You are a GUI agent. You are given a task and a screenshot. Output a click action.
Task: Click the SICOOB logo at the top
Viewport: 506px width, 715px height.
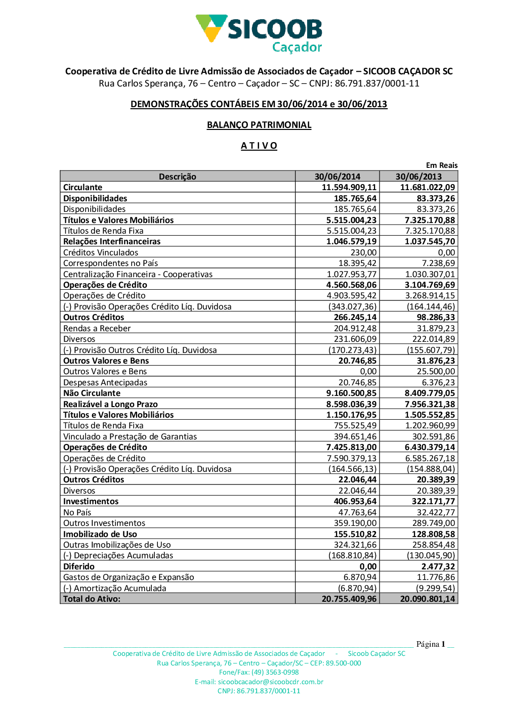pyautogui.click(x=259, y=33)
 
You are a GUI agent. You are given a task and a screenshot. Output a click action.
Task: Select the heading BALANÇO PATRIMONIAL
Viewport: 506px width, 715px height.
pyautogui.click(x=259, y=125)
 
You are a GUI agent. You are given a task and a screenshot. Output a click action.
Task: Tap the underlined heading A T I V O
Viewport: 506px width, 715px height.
pyautogui.click(x=259, y=146)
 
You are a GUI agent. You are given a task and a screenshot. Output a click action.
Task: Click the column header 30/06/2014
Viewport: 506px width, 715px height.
pyautogui.click(x=338, y=176)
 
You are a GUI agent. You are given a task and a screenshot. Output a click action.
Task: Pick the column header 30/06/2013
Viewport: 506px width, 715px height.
pyautogui.click(x=418, y=176)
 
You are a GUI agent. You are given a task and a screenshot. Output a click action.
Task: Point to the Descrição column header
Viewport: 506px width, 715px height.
pyautogui.click(x=177, y=176)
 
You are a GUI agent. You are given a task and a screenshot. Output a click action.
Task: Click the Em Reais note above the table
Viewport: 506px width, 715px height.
pyautogui.click(x=441, y=165)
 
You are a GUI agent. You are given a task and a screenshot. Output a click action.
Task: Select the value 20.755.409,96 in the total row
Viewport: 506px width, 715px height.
pyautogui.click(x=349, y=599)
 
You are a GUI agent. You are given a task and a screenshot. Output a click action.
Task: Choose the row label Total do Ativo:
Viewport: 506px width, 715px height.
pyautogui.click(x=92, y=599)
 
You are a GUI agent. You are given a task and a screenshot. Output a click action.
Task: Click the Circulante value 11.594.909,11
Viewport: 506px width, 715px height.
pyautogui.click(x=349, y=187)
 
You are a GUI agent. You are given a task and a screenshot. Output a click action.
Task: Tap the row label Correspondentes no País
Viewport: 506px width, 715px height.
pyautogui.click(x=110, y=263)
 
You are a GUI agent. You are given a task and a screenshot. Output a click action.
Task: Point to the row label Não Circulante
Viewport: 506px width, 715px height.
pyautogui.click(x=92, y=393)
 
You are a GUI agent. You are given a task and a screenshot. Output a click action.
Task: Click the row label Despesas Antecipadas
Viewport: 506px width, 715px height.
pyautogui.click(x=105, y=382)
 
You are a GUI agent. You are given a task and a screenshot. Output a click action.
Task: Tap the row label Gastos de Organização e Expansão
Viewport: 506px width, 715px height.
pyautogui.click(x=129, y=577)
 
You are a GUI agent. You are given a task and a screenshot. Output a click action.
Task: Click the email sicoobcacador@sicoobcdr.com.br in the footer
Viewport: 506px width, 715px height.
pyautogui.click(x=259, y=682)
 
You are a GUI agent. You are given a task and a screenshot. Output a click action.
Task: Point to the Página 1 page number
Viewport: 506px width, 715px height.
pyautogui.click(x=431, y=644)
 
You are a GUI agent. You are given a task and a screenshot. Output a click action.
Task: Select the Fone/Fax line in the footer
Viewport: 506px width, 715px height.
pyautogui.click(x=259, y=672)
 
